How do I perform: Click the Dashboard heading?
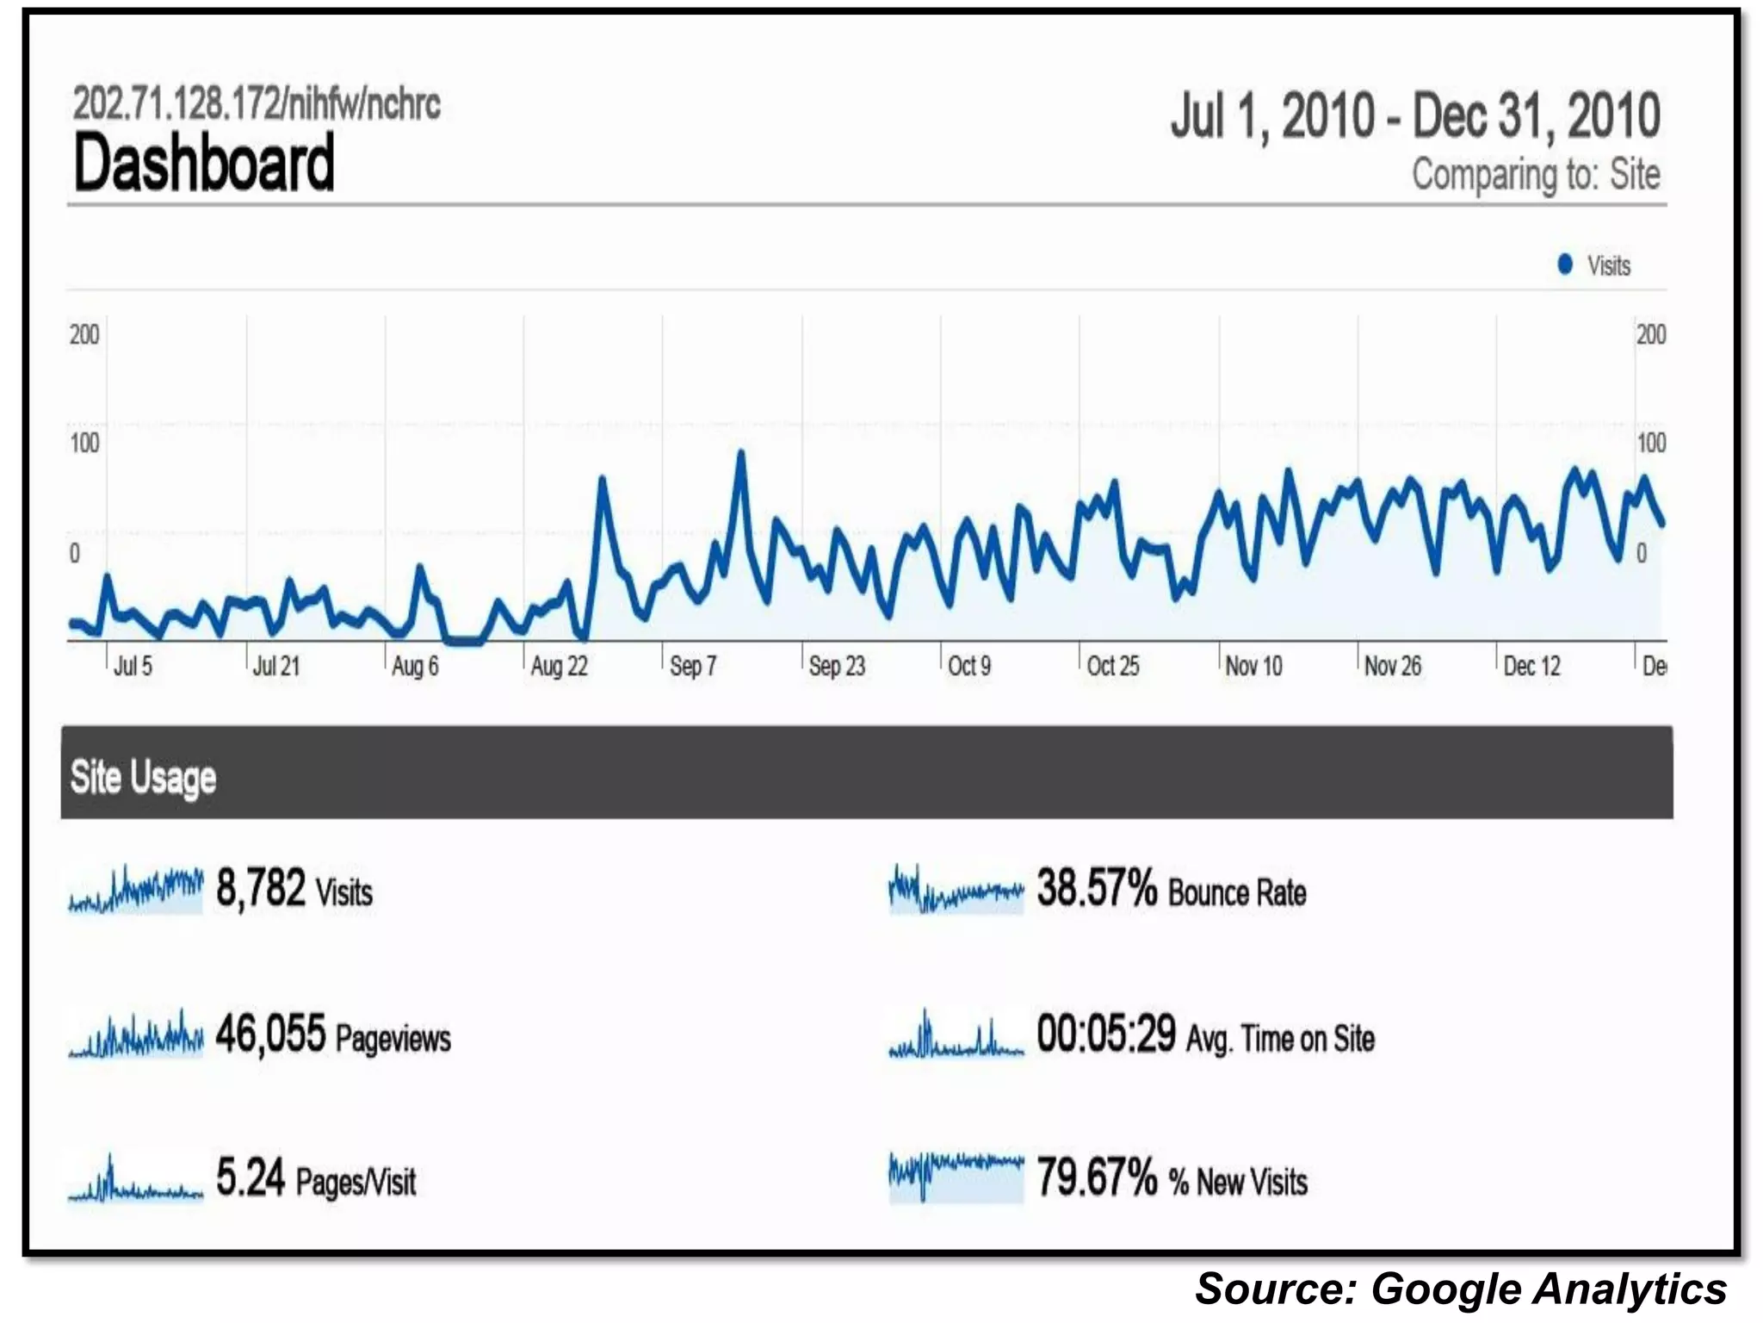204,163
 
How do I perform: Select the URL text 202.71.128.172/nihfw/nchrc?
257,104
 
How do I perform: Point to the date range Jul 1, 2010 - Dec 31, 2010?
1414,116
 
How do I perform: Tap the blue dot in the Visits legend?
1565,264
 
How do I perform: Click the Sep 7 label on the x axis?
693,666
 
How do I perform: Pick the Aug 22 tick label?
559,666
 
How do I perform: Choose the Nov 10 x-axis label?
1253,666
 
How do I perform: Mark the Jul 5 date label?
133,666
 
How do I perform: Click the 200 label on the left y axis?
84,334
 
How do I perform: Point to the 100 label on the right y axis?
1651,443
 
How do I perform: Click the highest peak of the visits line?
740,452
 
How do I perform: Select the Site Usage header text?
143,777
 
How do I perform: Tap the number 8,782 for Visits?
260,888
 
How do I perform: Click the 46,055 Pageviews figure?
270,1034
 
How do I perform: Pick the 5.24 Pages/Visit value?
250,1177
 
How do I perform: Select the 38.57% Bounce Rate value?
1097,888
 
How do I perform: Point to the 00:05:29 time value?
1106,1034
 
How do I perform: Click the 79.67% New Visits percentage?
1097,1177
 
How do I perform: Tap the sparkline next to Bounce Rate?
956,890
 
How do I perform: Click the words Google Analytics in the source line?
1549,1289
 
